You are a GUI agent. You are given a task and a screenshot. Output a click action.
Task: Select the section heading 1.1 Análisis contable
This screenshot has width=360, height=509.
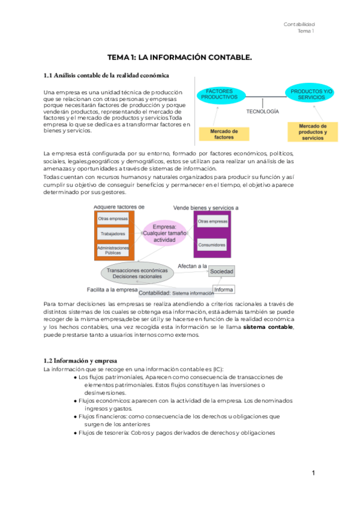pos(106,76)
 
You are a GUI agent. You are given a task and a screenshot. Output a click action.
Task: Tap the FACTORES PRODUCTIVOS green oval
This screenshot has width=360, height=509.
pos(220,94)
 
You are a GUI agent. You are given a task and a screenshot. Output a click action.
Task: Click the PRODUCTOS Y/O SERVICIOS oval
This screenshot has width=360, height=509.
pos(311,94)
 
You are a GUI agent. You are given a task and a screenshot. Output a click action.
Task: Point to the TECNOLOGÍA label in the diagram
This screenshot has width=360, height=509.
pos(262,112)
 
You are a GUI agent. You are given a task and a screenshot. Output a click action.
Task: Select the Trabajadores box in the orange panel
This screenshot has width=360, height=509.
pos(113,233)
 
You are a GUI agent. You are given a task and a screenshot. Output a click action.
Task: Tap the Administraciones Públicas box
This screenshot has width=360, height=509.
pos(113,250)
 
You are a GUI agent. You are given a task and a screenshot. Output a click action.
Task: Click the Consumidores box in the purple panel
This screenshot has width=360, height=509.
pos(212,245)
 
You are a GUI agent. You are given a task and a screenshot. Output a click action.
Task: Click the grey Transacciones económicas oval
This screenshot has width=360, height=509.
pos(137,274)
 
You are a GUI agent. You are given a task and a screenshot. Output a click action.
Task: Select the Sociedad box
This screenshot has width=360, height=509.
pos(221,272)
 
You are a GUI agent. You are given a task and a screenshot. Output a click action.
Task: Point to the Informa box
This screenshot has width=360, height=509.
pos(224,289)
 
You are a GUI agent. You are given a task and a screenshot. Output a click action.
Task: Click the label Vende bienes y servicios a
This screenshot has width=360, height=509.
pos(206,207)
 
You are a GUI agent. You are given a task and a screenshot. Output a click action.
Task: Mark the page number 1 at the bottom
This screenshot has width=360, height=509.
pos(313,474)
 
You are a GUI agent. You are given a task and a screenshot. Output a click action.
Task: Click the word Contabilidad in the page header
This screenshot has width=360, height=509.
pos(299,24)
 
